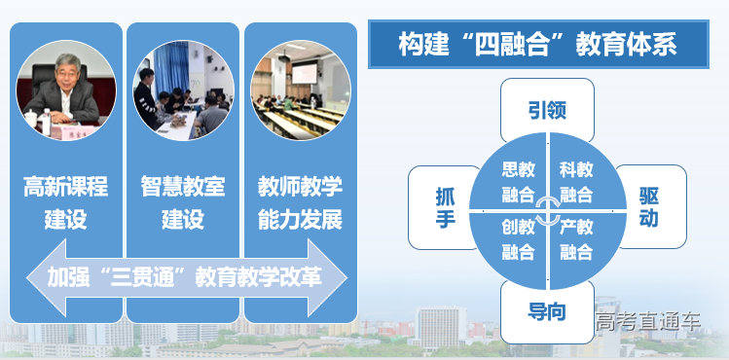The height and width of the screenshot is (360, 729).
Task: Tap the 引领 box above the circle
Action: click(x=546, y=110)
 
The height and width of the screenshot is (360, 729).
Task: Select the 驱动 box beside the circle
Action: click(x=649, y=206)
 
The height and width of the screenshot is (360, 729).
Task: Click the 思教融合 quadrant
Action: click(x=518, y=182)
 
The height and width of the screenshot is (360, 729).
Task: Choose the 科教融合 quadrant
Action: click(x=576, y=182)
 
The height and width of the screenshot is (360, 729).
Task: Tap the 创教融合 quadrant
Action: click(x=518, y=239)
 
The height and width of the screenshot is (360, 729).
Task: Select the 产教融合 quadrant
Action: click(x=576, y=239)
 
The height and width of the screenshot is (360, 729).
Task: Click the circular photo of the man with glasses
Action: click(x=66, y=90)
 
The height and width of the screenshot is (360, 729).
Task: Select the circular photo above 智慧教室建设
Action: click(x=183, y=90)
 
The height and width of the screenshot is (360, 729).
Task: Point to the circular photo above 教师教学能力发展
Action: click(x=300, y=90)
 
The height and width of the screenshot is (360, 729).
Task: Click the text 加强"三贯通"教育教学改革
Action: click(x=184, y=276)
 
